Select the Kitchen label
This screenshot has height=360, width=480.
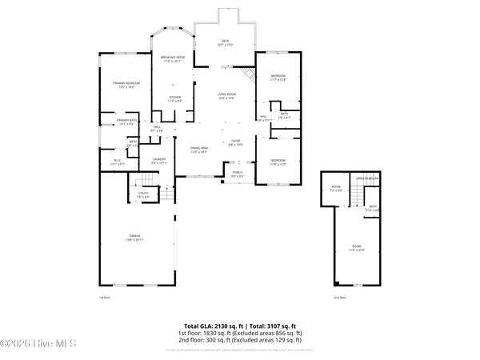(174, 99)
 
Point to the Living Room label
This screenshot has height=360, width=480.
(227, 96)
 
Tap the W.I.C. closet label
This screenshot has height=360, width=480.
(117, 162)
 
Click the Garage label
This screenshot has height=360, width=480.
(135, 238)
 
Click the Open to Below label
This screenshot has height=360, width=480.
(368, 177)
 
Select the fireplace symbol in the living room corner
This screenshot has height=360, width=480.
(250, 74)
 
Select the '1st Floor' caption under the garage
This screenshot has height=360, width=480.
(103, 298)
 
